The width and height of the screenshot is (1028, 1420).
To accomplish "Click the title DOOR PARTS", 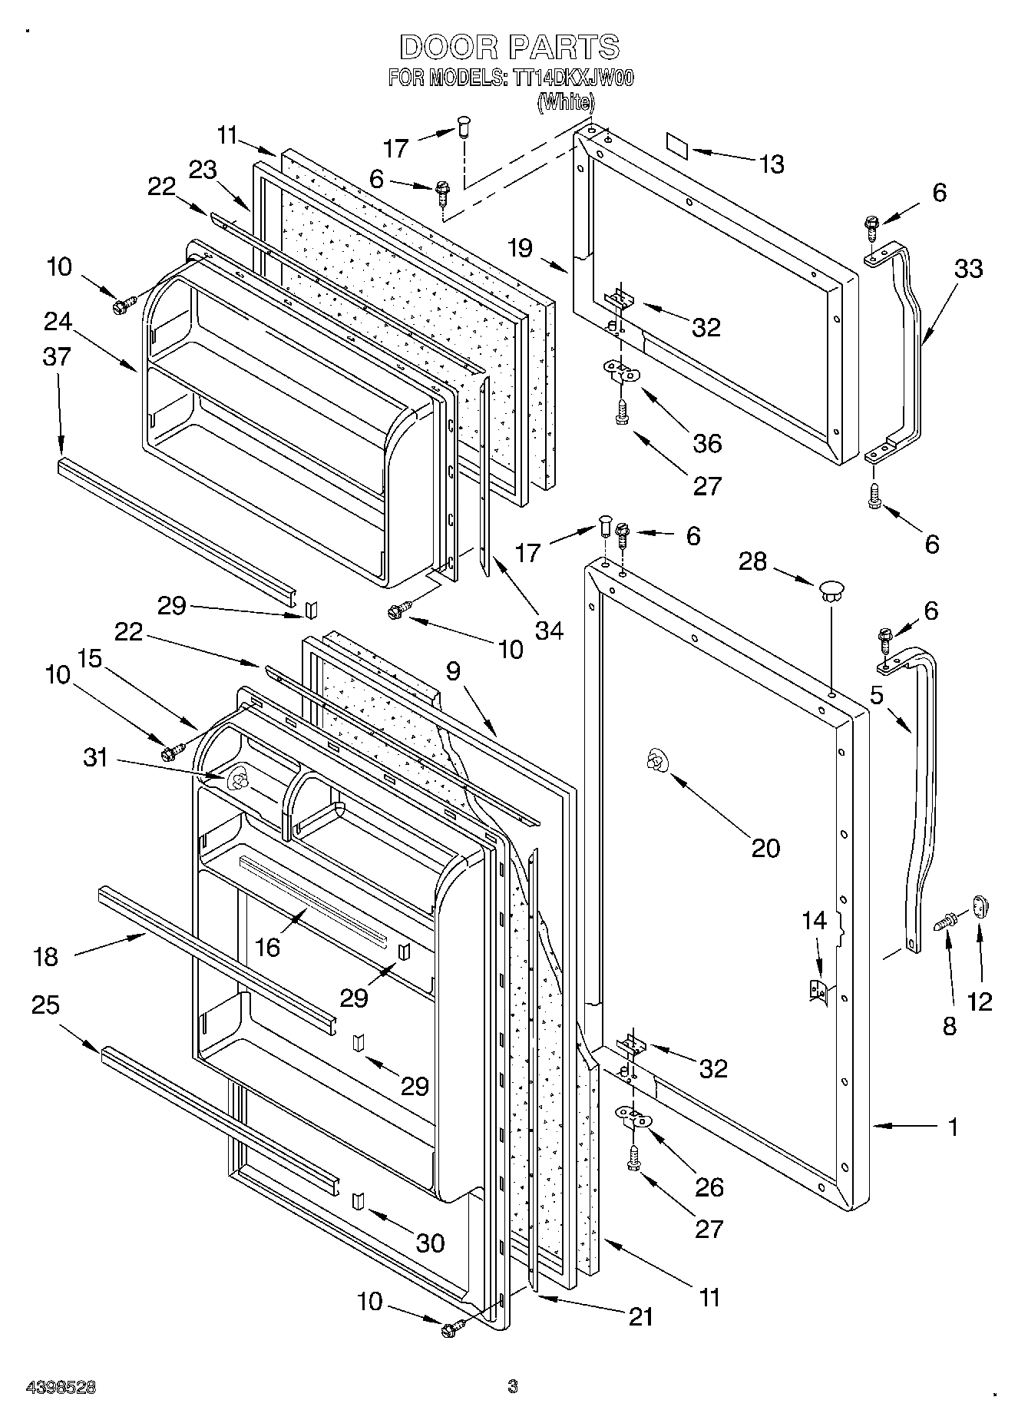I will [510, 48].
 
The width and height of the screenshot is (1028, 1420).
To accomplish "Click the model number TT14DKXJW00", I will [570, 78].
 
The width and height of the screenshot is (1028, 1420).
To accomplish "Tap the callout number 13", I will [772, 164].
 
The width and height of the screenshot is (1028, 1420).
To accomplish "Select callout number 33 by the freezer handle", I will [968, 270].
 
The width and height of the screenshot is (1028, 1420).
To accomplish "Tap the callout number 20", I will [765, 847].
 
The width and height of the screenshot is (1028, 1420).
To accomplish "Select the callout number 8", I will [950, 1027].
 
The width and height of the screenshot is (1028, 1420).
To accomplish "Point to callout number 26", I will [709, 1187].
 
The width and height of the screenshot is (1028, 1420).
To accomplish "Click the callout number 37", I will [58, 356].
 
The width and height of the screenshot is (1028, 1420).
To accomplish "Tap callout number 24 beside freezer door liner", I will [58, 321].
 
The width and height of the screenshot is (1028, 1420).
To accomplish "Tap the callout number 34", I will [550, 631].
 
